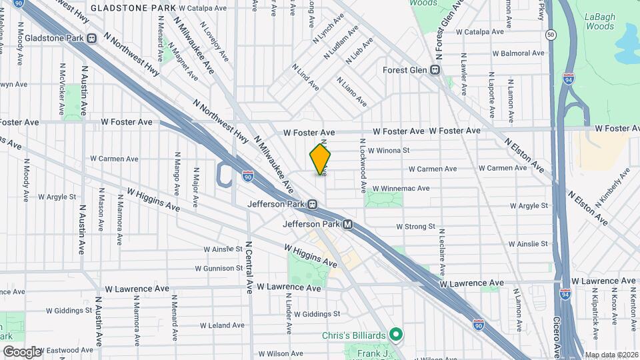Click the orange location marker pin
pyautogui.click(x=321, y=159)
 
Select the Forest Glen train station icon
pyautogui.click(x=435, y=69)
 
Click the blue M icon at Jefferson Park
pyautogui.click(x=347, y=225)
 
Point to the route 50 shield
pyautogui.click(x=550, y=35)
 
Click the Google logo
pyautogui.click(x=21, y=351)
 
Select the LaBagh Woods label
pyautogui.click(x=600, y=20)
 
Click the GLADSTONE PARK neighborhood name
pyautogui.click(x=132, y=8)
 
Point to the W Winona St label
pyautogui.click(x=389, y=151)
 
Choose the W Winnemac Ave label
pyautogui.click(x=401, y=189)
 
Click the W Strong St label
pyautogui.click(x=415, y=227)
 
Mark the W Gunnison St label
pyautogui.click(x=219, y=268)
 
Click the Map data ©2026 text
pyautogui.click(x=611, y=355)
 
